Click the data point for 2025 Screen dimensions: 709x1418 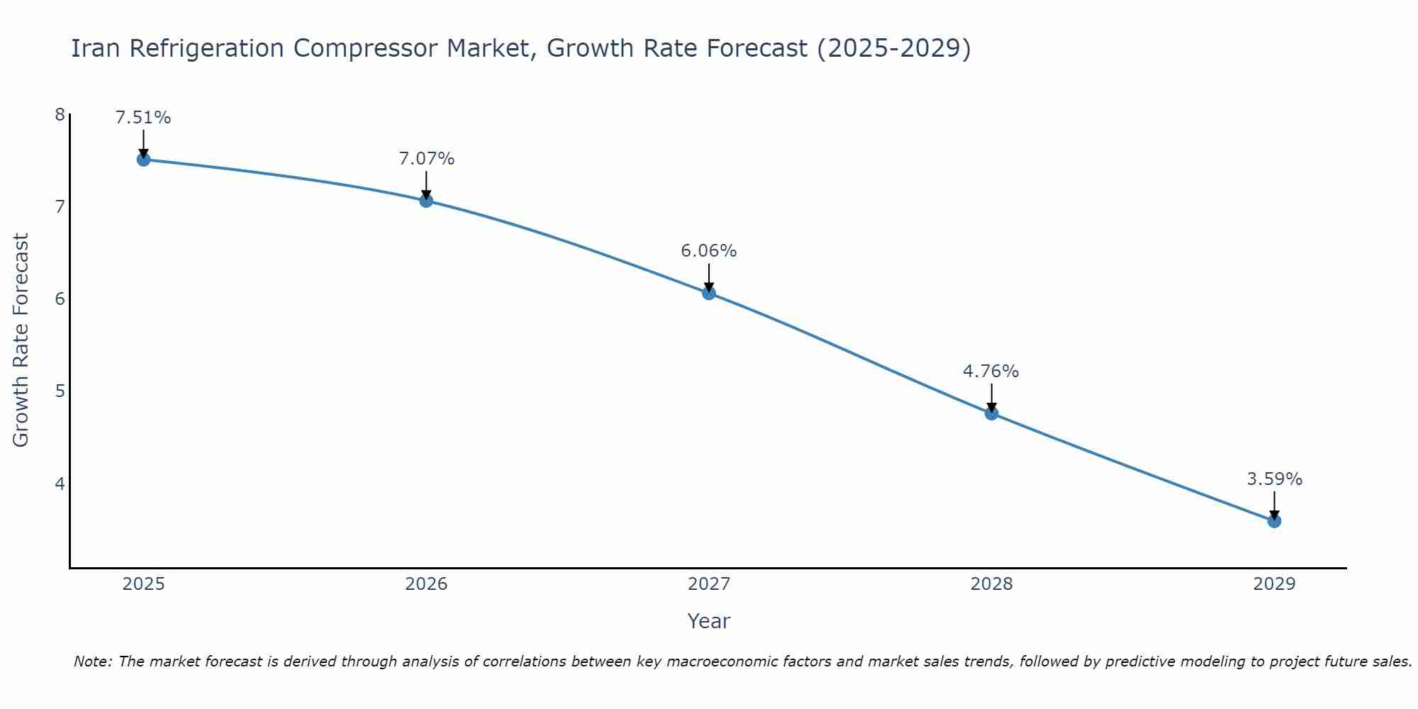click(143, 160)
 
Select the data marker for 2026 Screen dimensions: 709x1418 click(426, 201)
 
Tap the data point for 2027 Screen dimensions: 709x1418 click(709, 293)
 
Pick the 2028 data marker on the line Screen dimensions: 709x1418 click(992, 413)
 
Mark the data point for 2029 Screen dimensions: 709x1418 click(1274, 521)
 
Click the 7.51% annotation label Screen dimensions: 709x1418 click(143, 118)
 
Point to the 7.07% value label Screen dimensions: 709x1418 click(426, 159)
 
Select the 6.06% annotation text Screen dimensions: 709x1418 click(709, 251)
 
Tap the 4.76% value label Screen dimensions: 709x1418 click(991, 372)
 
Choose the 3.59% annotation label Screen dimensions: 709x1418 click(1274, 479)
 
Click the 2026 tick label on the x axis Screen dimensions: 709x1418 click(426, 584)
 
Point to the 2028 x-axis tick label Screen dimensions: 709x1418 click(992, 584)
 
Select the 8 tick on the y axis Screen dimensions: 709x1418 click(60, 115)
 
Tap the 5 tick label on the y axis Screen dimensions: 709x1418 click(60, 391)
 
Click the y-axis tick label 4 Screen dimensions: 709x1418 click(60, 484)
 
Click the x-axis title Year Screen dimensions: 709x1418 click(709, 621)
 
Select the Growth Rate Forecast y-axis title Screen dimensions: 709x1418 click(21, 340)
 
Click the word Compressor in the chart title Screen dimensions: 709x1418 click(366, 48)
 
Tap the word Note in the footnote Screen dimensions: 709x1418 click(92, 661)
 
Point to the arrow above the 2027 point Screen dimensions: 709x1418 click(709, 277)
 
